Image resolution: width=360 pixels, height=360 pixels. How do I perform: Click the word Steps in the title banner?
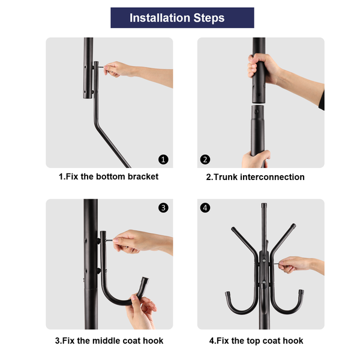pos(209,18)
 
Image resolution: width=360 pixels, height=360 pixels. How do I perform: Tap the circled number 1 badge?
pos(163,160)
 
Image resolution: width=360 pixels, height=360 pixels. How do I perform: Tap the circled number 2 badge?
pos(205,160)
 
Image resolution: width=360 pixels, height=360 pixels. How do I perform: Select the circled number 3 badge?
pos(163,208)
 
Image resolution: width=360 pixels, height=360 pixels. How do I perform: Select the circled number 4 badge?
pos(205,208)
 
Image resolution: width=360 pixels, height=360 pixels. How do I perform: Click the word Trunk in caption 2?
pos(226,177)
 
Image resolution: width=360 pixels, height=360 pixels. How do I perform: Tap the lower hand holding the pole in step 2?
pos(256,159)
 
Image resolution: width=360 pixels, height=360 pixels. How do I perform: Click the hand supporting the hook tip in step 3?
pos(141,311)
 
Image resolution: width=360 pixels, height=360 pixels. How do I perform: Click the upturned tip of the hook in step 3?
pos(145,280)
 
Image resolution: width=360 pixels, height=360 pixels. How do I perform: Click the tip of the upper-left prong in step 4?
pos(233,229)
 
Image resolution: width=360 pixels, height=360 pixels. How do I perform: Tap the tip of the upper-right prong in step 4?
pos(293,226)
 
